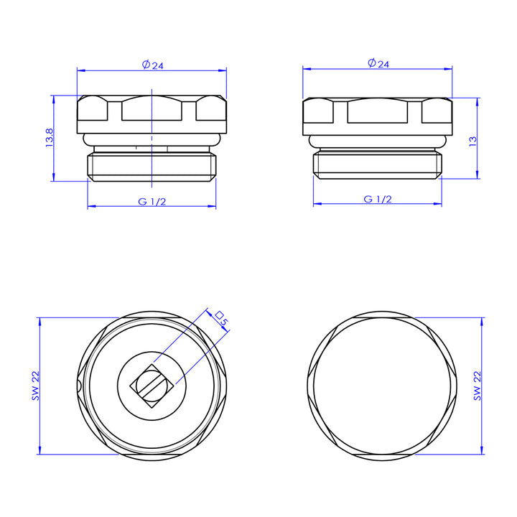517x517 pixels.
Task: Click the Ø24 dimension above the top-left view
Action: (x=153, y=65)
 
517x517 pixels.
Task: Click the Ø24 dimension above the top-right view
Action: (x=378, y=63)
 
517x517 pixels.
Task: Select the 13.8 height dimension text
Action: (x=49, y=138)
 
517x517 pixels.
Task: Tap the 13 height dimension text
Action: (x=472, y=139)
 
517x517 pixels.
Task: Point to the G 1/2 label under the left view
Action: (x=152, y=202)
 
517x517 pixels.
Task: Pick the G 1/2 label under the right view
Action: (x=378, y=199)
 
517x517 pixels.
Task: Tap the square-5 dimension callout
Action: (x=221, y=318)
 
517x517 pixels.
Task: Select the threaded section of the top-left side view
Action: (x=152, y=166)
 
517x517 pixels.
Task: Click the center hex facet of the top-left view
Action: (x=152, y=109)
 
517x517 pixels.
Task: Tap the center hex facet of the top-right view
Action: (x=378, y=111)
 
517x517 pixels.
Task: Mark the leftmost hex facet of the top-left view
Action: (x=93, y=109)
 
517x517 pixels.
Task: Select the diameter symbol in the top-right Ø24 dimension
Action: (x=371, y=63)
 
